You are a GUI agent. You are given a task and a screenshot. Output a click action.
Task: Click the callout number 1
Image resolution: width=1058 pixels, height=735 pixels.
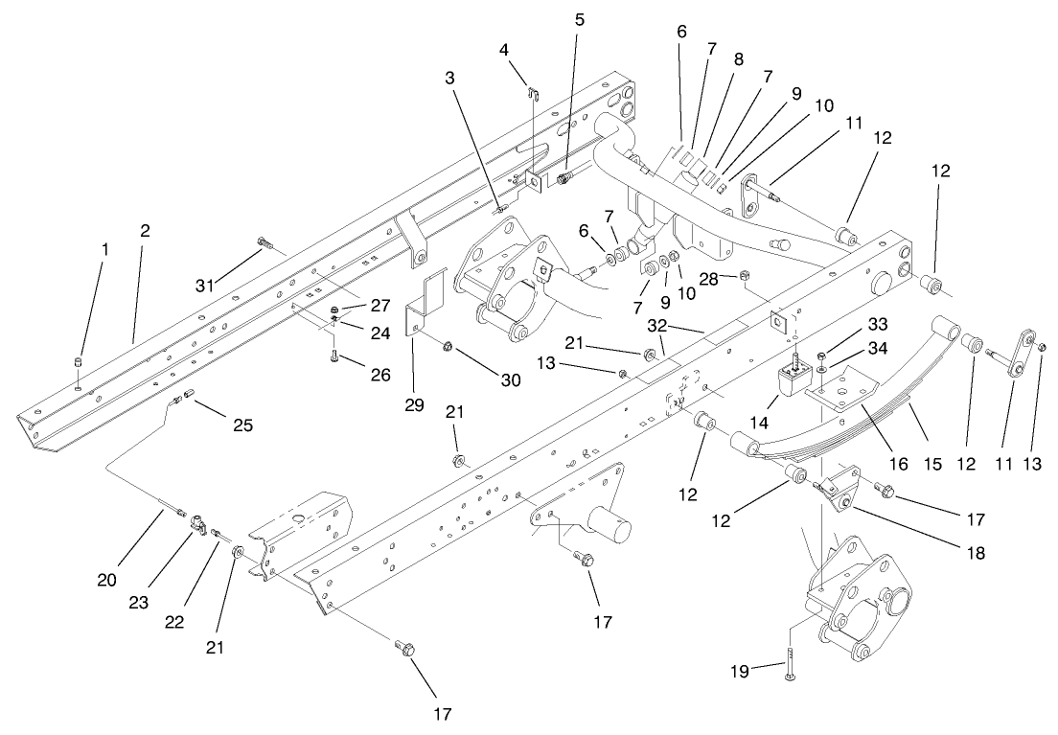tap(105, 248)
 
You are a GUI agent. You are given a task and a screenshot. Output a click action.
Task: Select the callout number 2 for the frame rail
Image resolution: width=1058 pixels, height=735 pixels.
tap(146, 231)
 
